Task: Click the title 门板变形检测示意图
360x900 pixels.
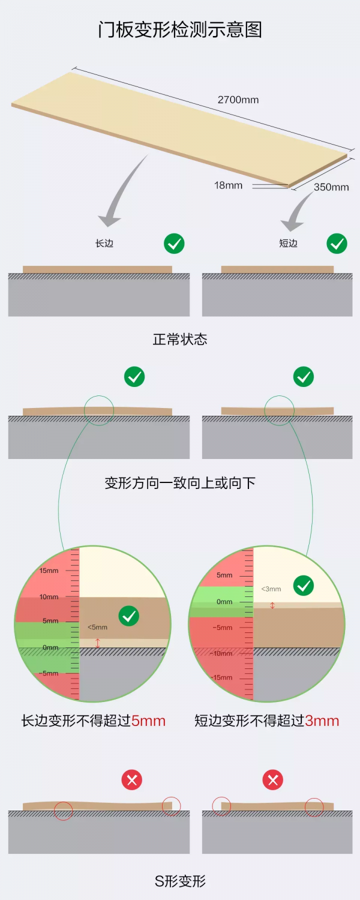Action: pos(180,29)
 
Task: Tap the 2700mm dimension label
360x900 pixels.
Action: pos(238,100)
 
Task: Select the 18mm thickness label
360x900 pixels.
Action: pos(229,185)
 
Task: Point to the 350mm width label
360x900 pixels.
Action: pos(331,187)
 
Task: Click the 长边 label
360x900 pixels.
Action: pos(104,244)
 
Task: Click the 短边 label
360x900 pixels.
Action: pos(289,244)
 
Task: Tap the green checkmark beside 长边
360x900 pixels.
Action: pos(174,244)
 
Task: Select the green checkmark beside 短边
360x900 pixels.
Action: pos(337,244)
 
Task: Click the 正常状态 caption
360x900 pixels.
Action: pos(180,340)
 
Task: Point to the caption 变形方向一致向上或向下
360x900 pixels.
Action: pos(180,483)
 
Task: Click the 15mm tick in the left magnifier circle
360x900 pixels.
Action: pos(49,571)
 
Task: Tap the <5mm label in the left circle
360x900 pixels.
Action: pos(97,627)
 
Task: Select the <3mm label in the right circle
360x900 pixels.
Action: pos(271,589)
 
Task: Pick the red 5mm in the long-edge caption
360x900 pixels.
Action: pos(148,721)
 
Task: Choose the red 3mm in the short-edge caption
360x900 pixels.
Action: pos(322,721)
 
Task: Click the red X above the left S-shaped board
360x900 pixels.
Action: pos(132,780)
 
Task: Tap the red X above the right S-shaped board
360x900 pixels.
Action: pos(273,780)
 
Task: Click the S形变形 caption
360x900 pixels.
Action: pos(180,881)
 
